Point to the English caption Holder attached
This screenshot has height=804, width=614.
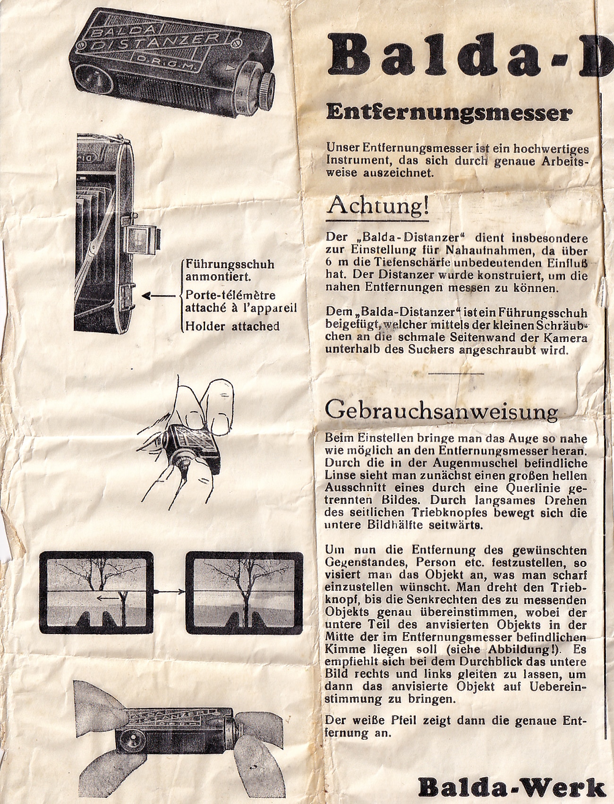point(232,326)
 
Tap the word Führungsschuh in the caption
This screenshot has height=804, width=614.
point(230,264)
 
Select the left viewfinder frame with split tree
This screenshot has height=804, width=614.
point(96,592)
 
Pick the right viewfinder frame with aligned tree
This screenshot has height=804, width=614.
point(244,592)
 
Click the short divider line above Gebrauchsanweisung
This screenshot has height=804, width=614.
point(458,373)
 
